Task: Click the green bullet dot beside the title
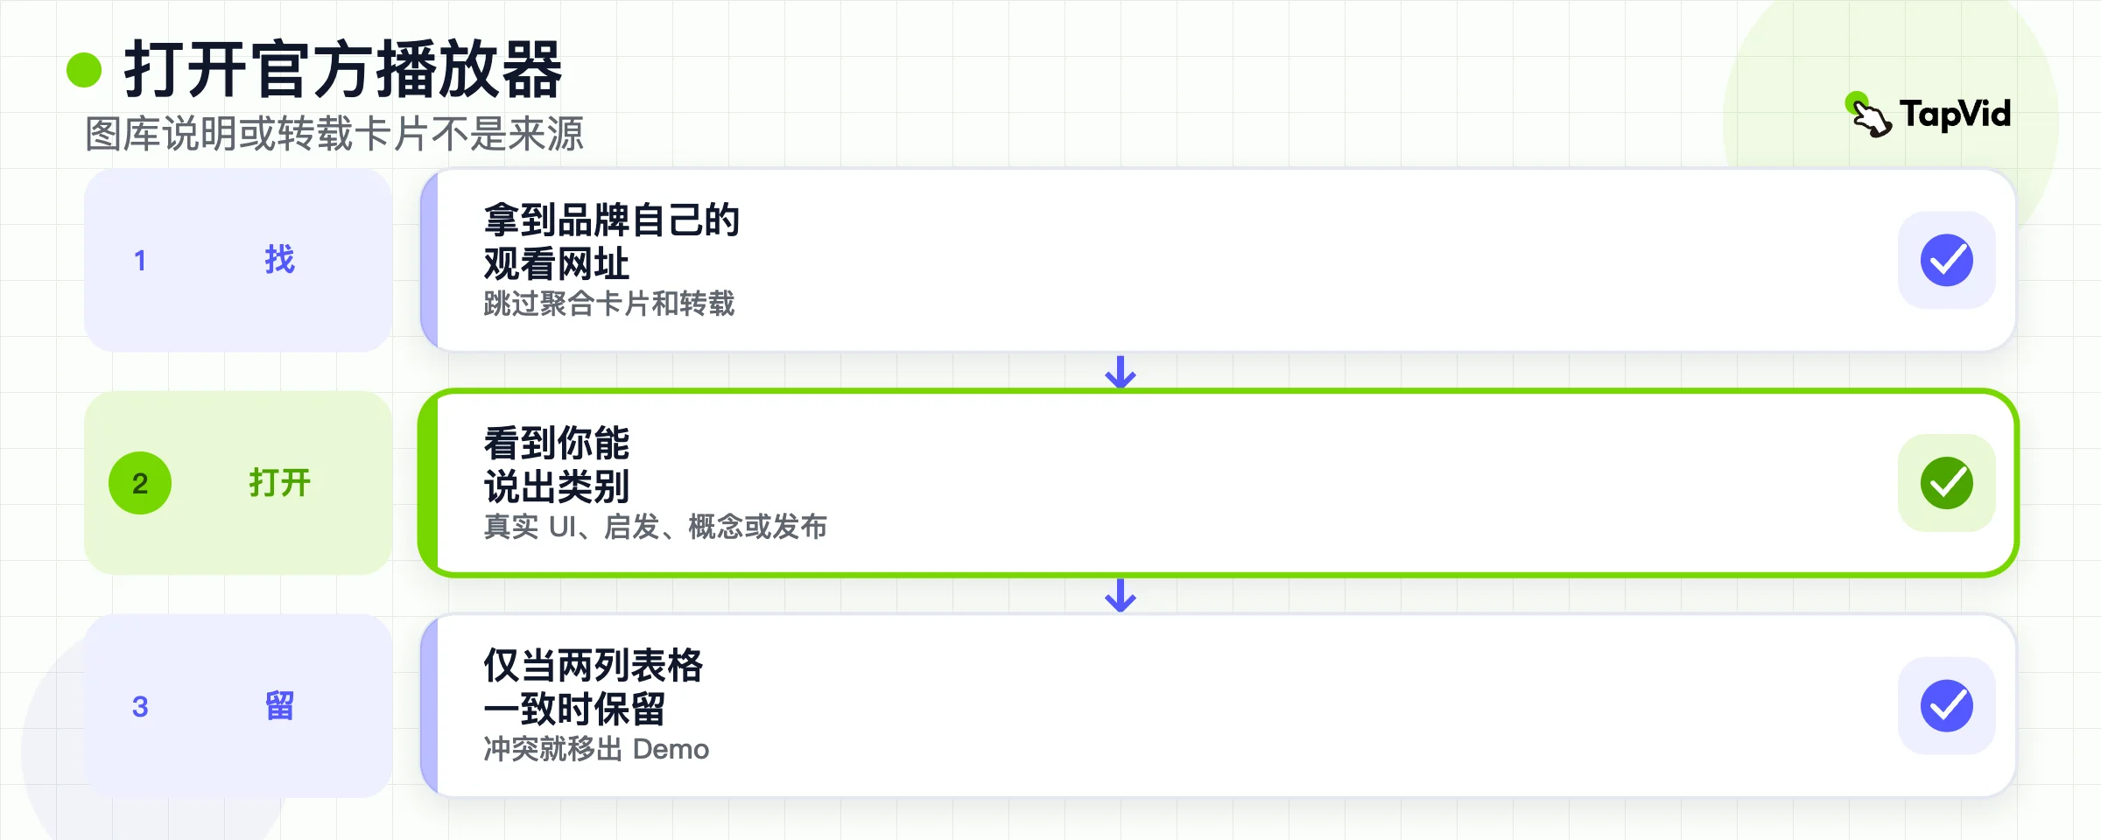click(x=84, y=70)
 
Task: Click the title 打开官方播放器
click(x=343, y=70)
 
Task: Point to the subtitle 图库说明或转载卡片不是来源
click(x=334, y=134)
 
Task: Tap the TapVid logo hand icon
click(x=1869, y=115)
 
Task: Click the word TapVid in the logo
click(x=1955, y=114)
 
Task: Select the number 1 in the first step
click(x=140, y=261)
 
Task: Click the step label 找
click(x=280, y=260)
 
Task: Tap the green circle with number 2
click(x=140, y=483)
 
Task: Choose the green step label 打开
click(x=280, y=483)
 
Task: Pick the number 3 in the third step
click(x=140, y=706)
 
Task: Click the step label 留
click(x=280, y=705)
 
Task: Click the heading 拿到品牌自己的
click(x=612, y=220)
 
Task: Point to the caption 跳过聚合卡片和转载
click(x=609, y=304)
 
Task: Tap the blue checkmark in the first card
click(x=1947, y=260)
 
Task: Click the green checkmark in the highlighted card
click(x=1947, y=483)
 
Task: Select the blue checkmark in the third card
click(x=1947, y=706)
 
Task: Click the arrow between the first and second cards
click(x=1121, y=371)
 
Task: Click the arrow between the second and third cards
click(x=1121, y=595)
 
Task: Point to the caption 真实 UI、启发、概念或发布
click(x=656, y=527)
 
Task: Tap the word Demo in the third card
click(x=671, y=750)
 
